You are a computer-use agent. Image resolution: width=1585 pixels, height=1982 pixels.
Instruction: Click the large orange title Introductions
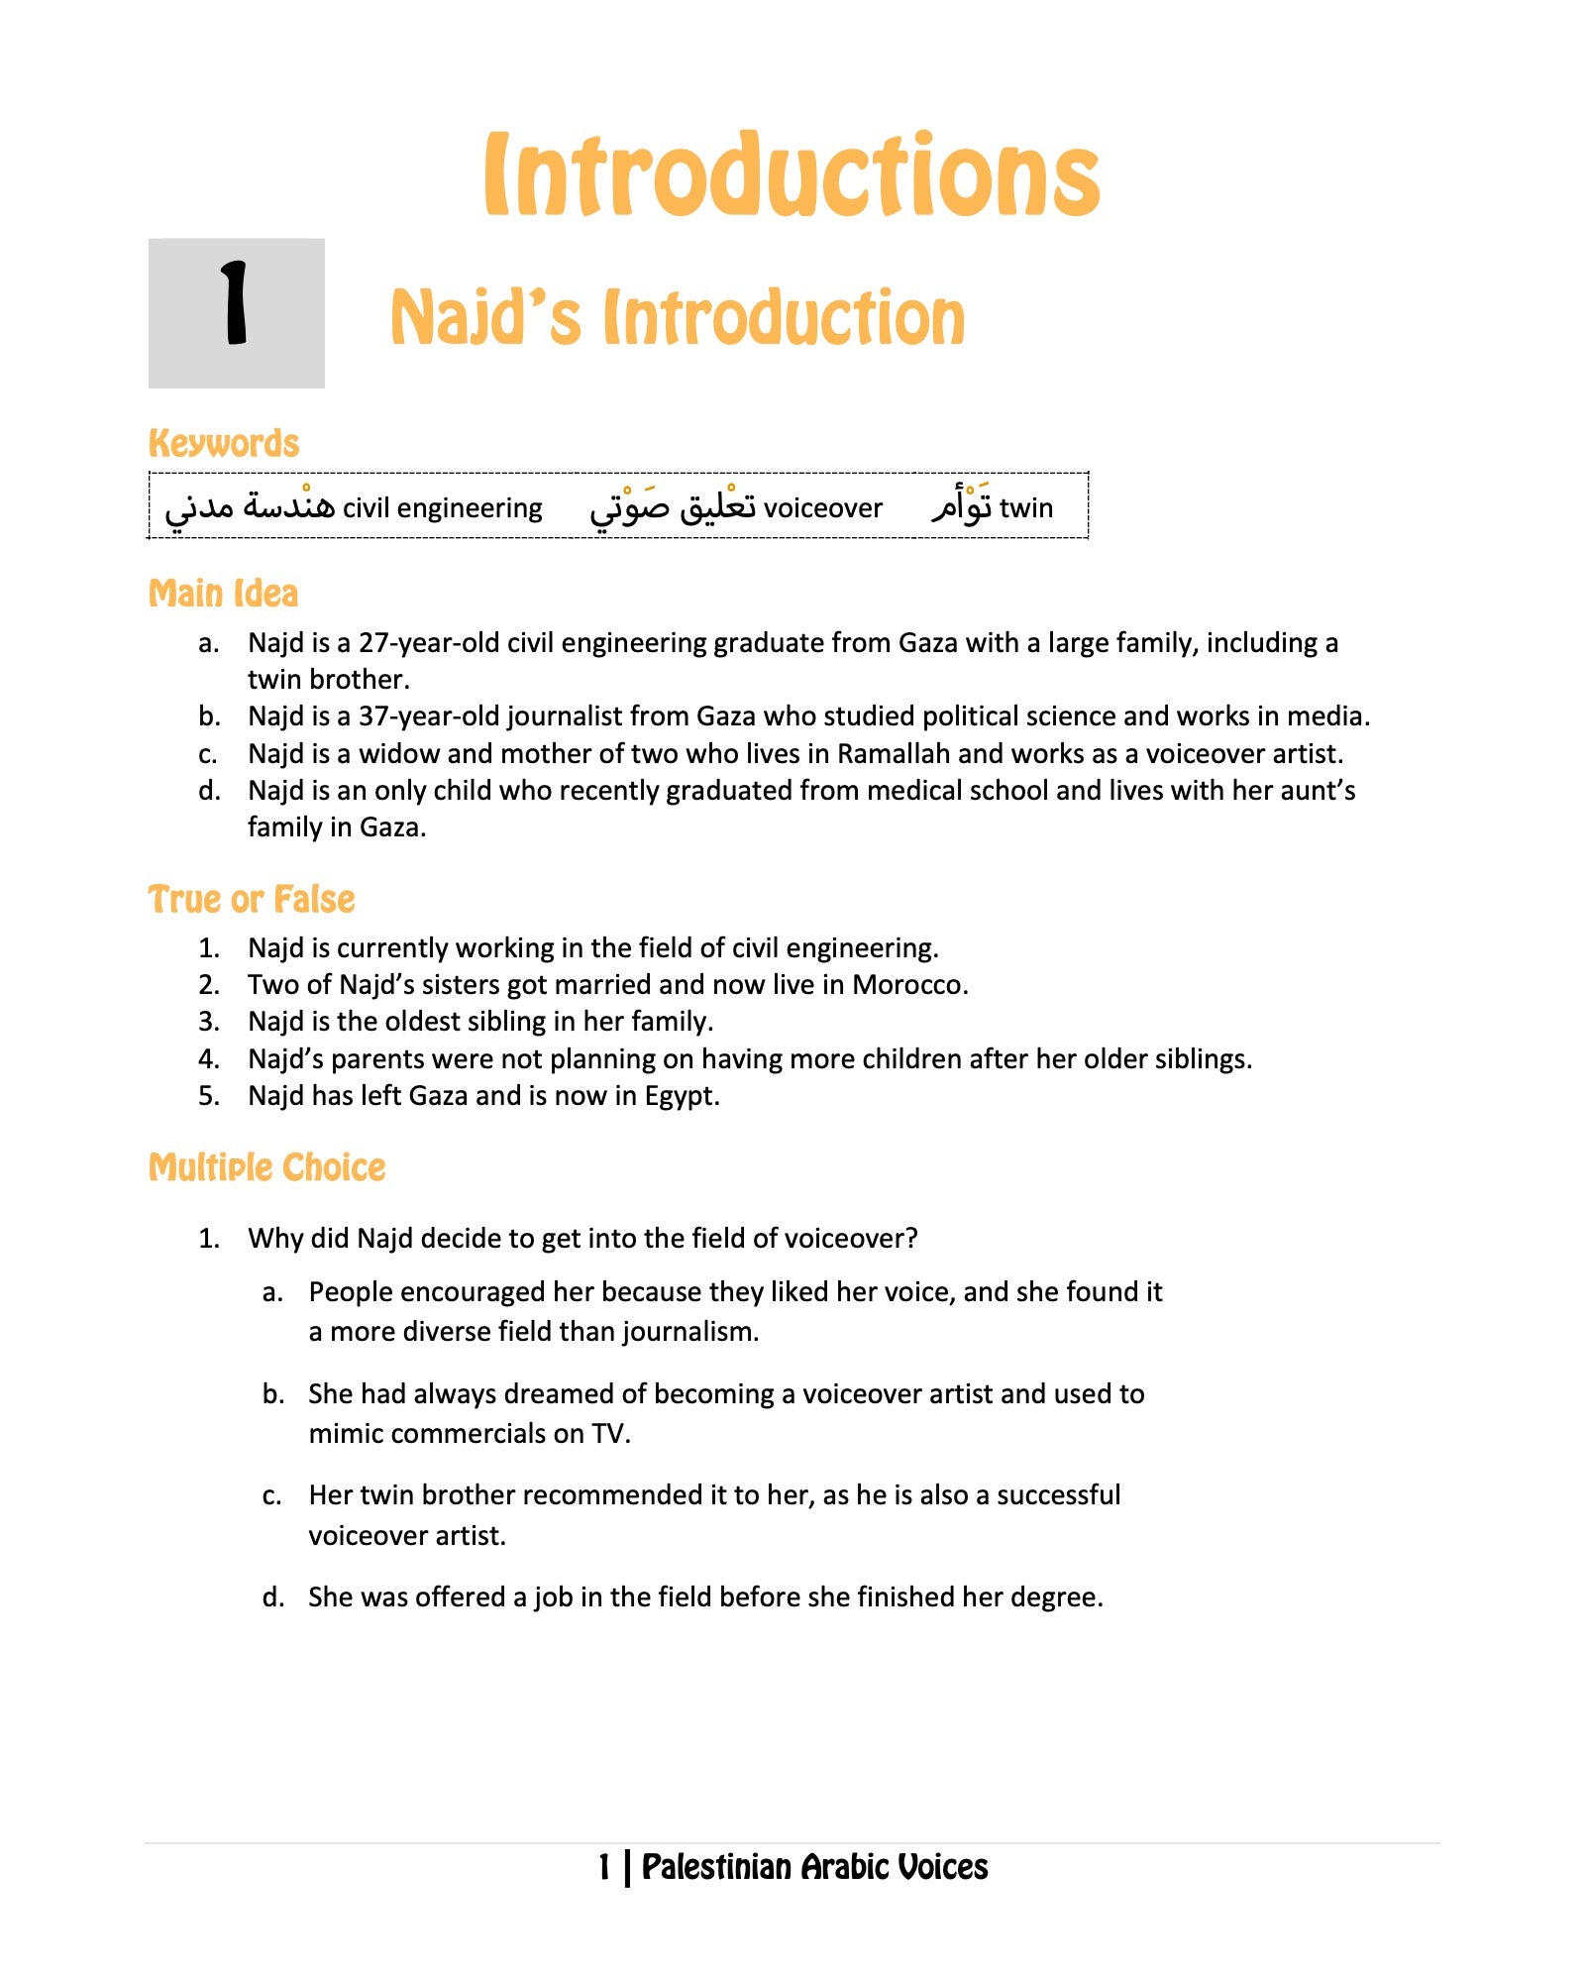792,175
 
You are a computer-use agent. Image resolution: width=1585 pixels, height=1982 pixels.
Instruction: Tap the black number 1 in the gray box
235,303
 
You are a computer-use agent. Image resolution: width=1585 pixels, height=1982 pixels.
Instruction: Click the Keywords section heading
224,443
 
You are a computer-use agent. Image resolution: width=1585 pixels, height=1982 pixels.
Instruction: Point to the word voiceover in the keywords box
822,508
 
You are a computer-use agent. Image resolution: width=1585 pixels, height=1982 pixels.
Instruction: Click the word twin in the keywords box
1025,508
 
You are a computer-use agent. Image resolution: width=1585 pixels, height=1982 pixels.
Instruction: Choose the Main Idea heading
223,594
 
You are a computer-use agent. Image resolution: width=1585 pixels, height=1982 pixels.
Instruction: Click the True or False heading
252,900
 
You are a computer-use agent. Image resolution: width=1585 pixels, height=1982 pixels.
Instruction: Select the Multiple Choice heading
266,1167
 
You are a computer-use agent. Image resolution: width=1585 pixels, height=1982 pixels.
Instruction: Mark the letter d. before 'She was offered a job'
272,1597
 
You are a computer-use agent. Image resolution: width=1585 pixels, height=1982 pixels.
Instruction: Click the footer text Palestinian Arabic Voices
814,1867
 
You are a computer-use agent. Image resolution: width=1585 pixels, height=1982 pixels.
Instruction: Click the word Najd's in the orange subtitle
485,318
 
